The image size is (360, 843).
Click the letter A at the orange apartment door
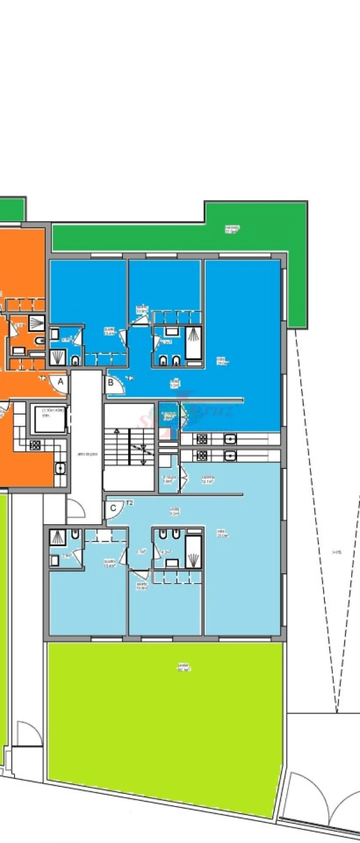click(61, 382)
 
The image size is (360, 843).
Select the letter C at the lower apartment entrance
click(113, 508)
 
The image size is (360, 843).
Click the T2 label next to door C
click(129, 503)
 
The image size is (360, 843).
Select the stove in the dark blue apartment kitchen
click(201, 439)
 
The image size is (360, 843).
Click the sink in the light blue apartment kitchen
click(230, 455)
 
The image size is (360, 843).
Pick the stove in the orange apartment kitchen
click(35, 445)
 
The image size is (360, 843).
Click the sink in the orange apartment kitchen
click(60, 468)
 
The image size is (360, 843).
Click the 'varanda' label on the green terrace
click(232, 229)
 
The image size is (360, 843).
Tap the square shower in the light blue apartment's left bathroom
click(58, 537)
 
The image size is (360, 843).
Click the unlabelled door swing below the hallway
click(75, 510)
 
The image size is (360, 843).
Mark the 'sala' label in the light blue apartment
click(222, 533)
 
